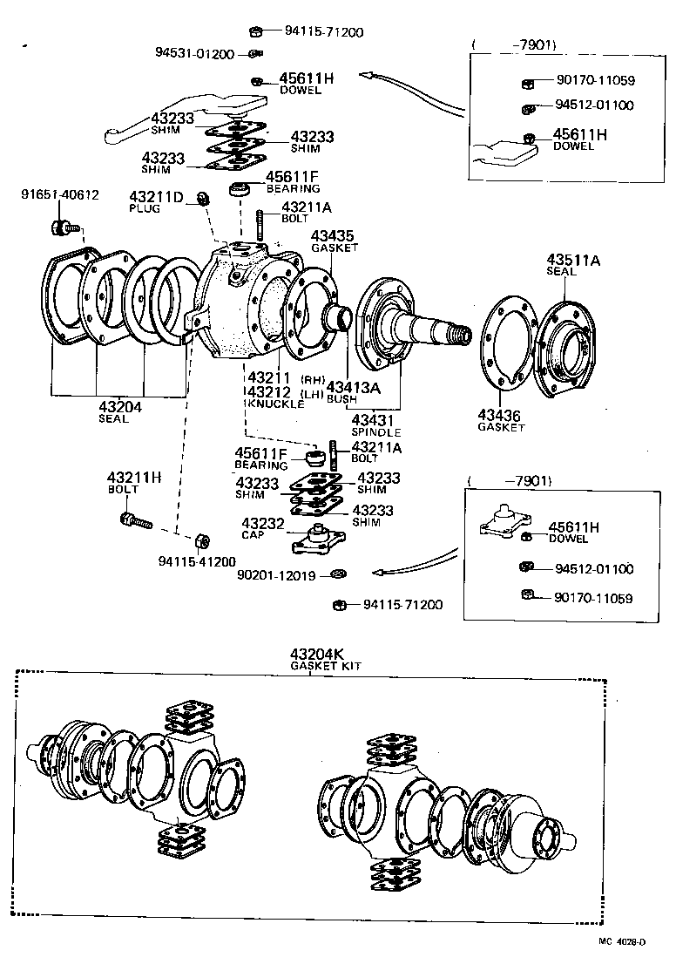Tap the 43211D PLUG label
pos(156,202)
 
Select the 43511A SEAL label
pos(573,265)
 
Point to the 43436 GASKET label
pos(501,420)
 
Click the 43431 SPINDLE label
pos(375,425)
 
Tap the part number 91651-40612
pos(59,195)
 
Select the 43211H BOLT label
pos(134,482)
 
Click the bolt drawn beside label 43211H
pos(134,521)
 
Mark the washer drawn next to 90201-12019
pos(337,574)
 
